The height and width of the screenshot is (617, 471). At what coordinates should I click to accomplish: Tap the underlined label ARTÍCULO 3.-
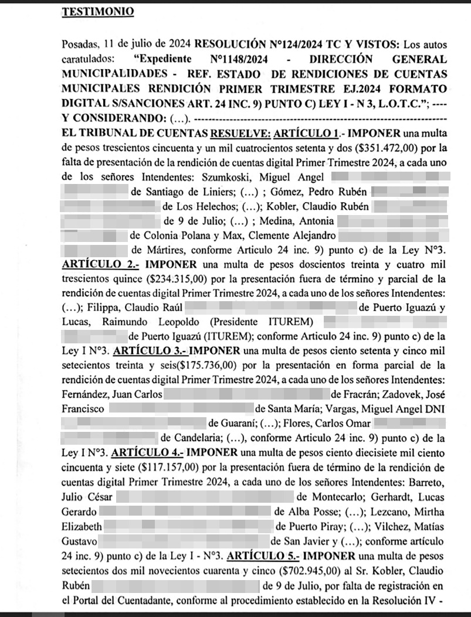(147, 352)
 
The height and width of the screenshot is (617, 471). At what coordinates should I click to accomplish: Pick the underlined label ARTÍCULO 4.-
(147, 453)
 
